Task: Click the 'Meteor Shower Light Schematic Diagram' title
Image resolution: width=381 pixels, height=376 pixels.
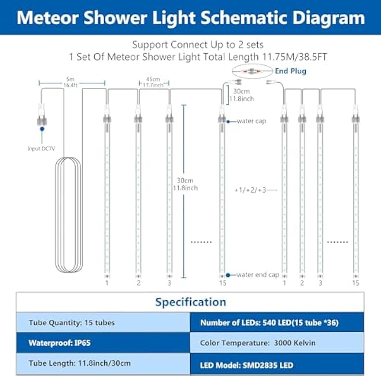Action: click(x=190, y=17)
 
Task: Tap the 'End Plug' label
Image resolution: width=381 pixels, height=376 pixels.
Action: click(x=291, y=71)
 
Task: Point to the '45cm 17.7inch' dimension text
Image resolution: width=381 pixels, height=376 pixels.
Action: click(x=153, y=82)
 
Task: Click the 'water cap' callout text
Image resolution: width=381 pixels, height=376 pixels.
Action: click(x=251, y=121)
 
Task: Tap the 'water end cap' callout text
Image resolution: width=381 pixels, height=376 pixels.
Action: click(x=257, y=274)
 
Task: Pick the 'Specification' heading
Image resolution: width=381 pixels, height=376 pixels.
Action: click(x=190, y=301)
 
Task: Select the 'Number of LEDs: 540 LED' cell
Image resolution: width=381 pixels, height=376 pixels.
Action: click(x=277, y=322)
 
